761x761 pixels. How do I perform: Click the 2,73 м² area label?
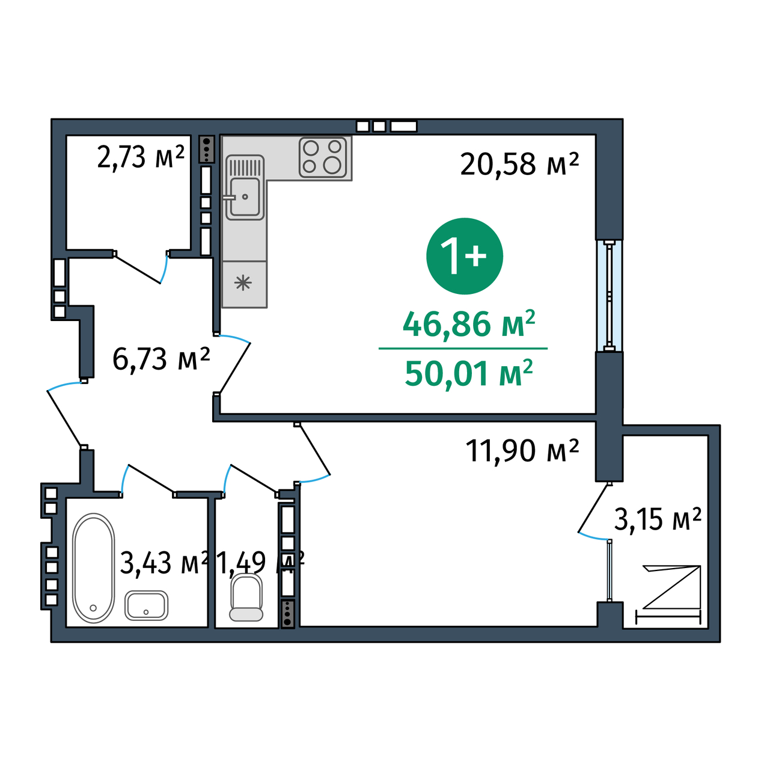(141, 157)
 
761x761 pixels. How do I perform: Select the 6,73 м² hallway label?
(161, 359)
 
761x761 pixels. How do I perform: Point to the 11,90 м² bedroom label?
(522, 451)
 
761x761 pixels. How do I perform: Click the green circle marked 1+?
(465, 256)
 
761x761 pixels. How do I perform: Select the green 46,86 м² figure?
(469, 324)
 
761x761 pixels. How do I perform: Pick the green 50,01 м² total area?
(469, 373)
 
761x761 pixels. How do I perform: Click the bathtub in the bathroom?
(94, 567)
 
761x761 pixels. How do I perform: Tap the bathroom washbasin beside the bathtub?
(146, 605)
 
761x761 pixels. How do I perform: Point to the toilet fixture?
(246, 597)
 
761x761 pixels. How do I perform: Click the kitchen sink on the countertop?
(245, 188)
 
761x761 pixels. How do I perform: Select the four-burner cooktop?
(323, 157)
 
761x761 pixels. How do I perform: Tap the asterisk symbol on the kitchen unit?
(243, 283)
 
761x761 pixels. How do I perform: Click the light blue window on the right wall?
(610, 295)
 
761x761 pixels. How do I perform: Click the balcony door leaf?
(593, 508)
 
